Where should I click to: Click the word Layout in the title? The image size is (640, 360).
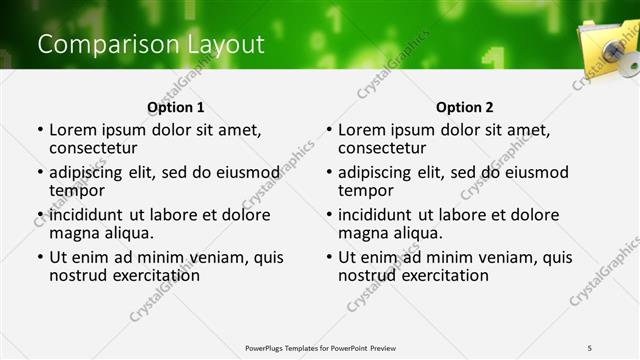pos(223,45)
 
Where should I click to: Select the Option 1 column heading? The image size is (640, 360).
pos(175,107)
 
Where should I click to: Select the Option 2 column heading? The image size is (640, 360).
pos(464,107)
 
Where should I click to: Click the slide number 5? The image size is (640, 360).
pos(590,347)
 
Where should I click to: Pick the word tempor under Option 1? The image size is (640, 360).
pos(77,190)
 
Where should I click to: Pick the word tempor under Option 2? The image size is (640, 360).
pos(366,190)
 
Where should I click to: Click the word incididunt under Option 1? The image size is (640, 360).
pos(88,215)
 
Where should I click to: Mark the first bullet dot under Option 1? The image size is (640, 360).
pos(40,130)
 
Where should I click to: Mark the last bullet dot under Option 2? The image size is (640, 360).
pos(329,258)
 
